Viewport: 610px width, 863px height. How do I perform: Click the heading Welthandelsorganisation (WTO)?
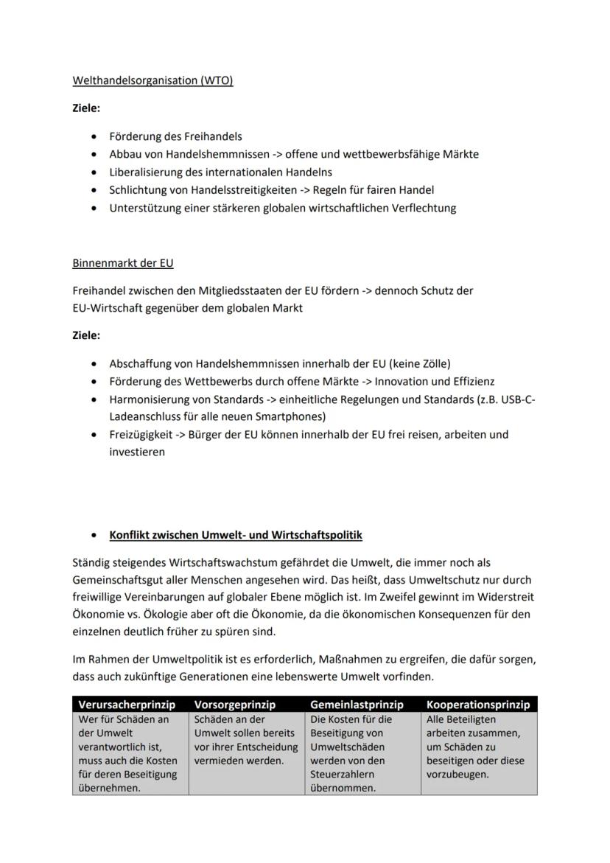tap(152, 81)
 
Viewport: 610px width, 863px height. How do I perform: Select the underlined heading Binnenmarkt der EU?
tap(123, 263)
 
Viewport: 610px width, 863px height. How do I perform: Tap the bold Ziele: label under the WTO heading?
tap(86, 108)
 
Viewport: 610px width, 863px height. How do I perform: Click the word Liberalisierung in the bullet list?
tap(144, 172)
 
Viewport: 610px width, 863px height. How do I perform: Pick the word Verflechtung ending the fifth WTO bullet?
tap(424, 208)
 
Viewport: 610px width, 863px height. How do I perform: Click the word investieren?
tap(137, 452)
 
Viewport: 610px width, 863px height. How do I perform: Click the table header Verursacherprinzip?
tap(127, 705)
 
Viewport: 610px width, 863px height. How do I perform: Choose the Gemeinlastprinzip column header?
tap(357, 705)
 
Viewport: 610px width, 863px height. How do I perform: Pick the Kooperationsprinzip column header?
tap(478, 705)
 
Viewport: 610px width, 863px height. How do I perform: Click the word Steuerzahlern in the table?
tap(342, 775)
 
